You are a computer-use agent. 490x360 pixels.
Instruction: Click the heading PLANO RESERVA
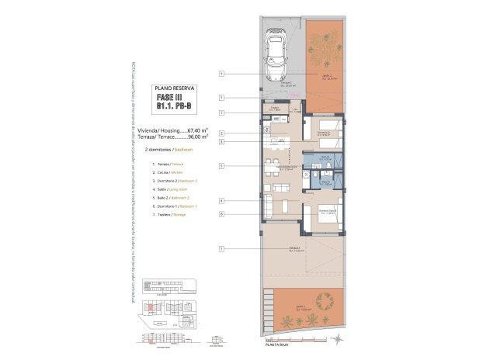175,89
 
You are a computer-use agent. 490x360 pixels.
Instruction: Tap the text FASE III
175,99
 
